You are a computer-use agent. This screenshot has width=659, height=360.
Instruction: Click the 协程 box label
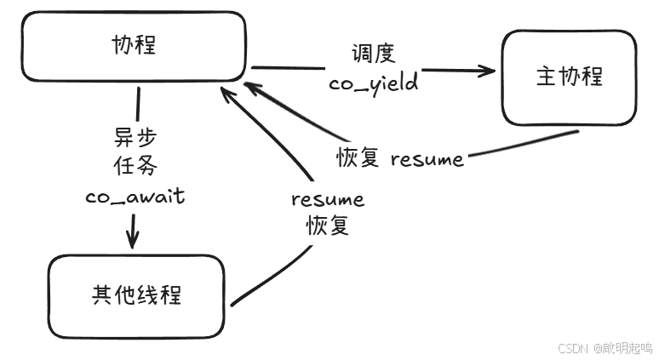[x=135, y=45]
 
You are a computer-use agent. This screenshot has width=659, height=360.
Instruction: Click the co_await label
[x=135, y=196]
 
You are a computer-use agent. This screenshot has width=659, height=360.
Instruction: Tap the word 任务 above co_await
[x=135, y=167]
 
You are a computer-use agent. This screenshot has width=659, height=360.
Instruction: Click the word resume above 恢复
[x=328, y=199]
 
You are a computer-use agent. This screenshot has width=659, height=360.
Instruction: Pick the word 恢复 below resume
[x=328, y=226]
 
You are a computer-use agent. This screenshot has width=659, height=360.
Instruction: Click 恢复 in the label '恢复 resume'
[x=358, y=158]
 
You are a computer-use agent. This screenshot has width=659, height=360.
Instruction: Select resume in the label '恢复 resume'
[x=427, y=159]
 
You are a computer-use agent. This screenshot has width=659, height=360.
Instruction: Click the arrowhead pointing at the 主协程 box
[x=487, y=71]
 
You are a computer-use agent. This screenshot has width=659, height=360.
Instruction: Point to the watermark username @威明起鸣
[x=622, y=348]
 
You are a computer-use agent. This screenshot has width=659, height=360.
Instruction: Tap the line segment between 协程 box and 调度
[x=289, y=66]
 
